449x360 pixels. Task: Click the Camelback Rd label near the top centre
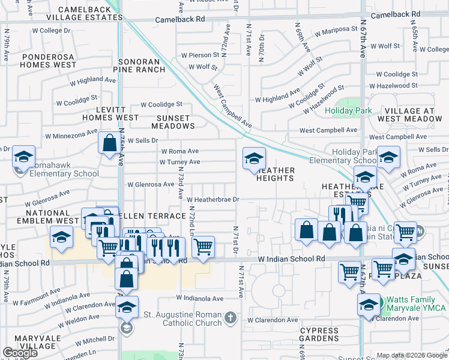point(179,19)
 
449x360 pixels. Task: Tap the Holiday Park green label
point(348,110)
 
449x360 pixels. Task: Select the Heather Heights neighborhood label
point(276,174)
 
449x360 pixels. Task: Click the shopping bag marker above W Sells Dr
point(109,144)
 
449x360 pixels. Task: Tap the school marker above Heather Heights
point(254,159)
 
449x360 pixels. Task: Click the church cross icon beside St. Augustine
point(230,317)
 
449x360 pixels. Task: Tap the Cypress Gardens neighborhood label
point(319,335)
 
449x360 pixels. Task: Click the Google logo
point(20,352)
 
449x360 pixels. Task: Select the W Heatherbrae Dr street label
point(213,199)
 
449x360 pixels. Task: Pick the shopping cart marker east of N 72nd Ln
point(203,246)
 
